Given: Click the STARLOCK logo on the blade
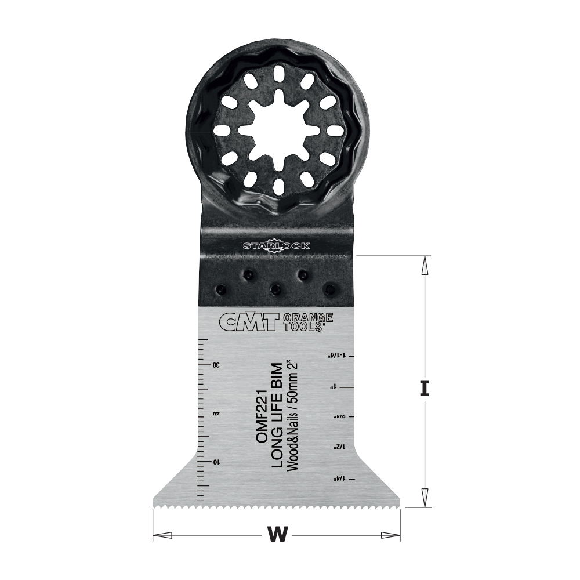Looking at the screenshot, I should click(x=277, y=246).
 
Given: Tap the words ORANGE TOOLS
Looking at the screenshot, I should click(x=307, y=322).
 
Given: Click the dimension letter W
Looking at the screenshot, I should click(x=278, y=534).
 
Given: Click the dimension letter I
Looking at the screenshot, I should click(x=425, y=387).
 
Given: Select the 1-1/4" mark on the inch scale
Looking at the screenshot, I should click(x=336, y=354).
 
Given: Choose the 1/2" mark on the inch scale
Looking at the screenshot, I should click(x=335, y=448).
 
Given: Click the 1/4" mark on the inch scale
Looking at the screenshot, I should click(x=335, y=478).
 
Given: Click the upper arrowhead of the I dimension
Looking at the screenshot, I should click(x=425, y=264).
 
